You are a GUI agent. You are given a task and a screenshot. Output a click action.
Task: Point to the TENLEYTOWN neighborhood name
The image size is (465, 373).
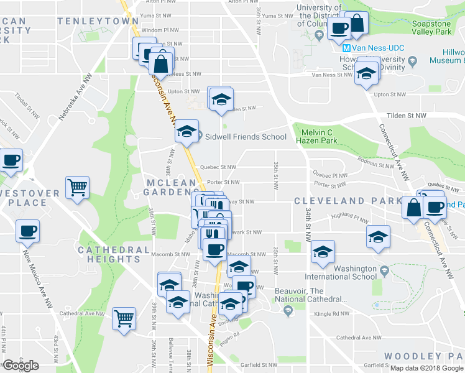[x=98, y=21]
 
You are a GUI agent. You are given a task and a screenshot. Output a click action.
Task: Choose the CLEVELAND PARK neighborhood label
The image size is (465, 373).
[x=348, y=201]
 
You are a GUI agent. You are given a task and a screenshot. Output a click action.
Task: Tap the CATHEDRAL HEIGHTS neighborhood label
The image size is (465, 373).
[x=114, y=250]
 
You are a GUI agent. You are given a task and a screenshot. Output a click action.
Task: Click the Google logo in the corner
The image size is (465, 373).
[x=20, y=366]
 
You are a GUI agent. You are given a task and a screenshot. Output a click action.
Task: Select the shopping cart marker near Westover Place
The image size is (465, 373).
[x=77, y=186]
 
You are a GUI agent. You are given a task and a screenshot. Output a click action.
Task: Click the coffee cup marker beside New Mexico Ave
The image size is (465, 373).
[x=27, y=231]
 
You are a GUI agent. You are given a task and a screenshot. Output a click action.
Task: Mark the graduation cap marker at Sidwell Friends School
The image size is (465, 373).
[x=186, y=131]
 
